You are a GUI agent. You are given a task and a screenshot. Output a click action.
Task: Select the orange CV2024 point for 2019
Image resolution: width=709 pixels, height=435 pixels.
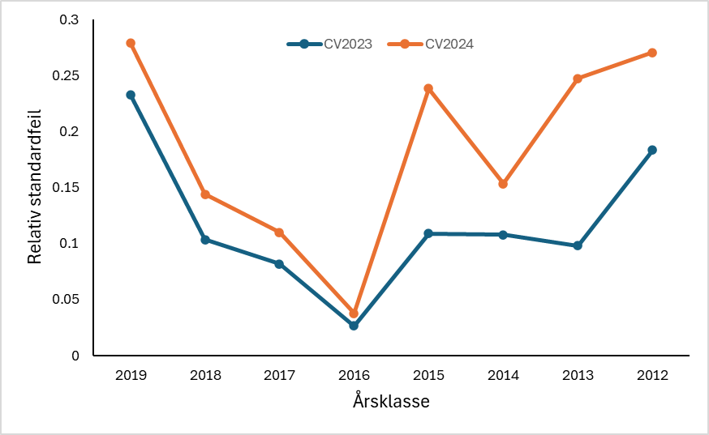(131, 43)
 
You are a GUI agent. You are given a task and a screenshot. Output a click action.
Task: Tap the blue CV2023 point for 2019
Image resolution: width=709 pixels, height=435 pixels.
(131, 95)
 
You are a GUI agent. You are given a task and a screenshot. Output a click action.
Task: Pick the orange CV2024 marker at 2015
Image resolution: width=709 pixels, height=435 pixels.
(428, 88)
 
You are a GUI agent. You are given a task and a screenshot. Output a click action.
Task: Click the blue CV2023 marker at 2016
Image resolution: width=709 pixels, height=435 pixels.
(354, 326)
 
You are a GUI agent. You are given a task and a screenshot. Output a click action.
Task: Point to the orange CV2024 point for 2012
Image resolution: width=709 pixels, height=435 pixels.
(652, 53)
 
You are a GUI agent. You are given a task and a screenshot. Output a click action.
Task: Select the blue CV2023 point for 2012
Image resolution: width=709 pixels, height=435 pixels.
(652, 150)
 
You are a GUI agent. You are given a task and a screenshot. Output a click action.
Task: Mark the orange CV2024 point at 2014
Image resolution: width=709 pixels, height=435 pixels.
(503, 184)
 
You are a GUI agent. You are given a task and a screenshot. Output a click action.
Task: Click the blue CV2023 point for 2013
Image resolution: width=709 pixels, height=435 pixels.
(578, 245)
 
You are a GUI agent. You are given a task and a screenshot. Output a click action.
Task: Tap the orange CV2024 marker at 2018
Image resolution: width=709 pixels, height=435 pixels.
(205, 194)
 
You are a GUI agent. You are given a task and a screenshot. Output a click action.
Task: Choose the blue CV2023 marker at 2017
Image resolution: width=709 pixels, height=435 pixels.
(279, 264)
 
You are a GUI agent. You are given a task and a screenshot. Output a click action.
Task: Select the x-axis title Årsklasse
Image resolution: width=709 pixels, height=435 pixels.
(391, 401)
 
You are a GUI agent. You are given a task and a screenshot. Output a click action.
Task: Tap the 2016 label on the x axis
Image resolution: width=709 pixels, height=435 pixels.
(354, 375)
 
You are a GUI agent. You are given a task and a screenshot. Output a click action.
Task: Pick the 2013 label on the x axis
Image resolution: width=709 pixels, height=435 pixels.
(578, 375)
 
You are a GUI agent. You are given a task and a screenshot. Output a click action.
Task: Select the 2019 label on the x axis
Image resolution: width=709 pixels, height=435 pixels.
(131, 375)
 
